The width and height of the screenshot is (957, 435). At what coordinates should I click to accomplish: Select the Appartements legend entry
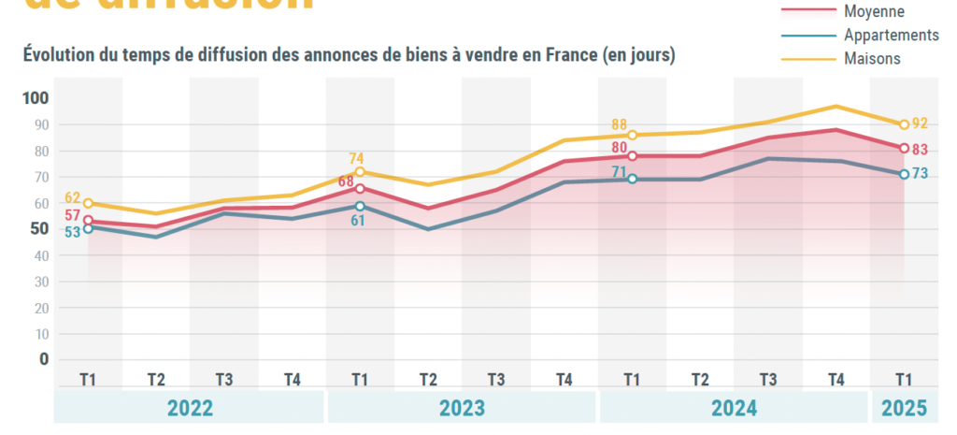(x=891, y=35)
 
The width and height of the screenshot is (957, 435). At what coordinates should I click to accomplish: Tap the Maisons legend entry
(x=872, y=58)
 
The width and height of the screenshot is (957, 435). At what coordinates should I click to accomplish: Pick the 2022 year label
(x=190, y=408)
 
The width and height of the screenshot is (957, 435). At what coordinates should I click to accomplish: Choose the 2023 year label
(x=462, y=408)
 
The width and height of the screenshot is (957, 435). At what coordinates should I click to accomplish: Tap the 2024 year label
(x=734, y=408)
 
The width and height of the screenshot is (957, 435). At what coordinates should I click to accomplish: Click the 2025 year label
(x=904, y=408)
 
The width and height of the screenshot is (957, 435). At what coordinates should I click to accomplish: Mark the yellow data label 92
(x=920, y=123)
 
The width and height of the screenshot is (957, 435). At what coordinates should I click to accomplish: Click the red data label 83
(x=920, y=149)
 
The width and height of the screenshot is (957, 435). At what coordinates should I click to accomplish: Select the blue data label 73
(x=920, y=174)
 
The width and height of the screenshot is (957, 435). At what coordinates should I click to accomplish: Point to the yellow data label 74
(x=357, y=158)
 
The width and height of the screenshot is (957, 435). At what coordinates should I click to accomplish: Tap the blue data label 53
(x=72, y=233)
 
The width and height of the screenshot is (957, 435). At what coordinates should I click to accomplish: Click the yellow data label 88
(x=620, y=124)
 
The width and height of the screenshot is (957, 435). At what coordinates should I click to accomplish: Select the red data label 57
(x=72, y=216)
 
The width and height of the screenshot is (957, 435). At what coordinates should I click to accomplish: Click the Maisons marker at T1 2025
(x=904, y=124)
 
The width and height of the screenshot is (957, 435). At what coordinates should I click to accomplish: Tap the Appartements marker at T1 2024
(x=632, y=179)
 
